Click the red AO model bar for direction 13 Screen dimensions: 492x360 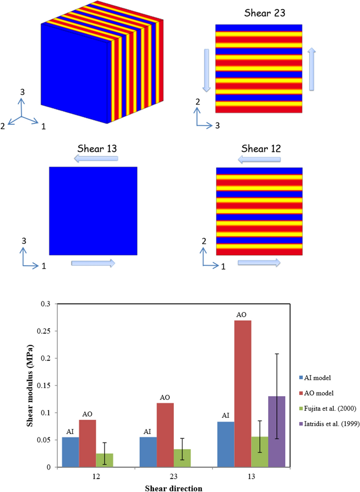coord(242,393)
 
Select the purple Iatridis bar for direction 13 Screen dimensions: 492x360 coord(277,431)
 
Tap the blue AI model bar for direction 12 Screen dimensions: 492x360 coord(70,452)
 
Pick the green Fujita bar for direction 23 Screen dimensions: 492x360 coord(182,458)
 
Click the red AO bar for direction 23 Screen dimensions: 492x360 coord(165,435)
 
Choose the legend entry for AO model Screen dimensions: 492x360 coord(318,393)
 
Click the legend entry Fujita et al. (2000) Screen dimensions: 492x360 coord(330,408)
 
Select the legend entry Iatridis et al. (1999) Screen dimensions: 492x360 coord(331,423)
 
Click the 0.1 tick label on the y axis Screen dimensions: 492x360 coord(45,413)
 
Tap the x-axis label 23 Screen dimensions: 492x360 coord(174,476)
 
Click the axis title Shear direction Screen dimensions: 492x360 coord(174,488)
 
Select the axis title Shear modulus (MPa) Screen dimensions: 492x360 coord(30,386)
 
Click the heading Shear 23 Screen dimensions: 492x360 coord(264,13)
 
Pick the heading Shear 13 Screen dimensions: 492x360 coord(97,149)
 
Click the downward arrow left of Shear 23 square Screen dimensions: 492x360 coord(207,70)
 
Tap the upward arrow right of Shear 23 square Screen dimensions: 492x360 coord(311,69)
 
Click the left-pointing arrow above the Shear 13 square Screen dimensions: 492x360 coord(96,159)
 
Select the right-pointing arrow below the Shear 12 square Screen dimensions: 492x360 coord(259,263)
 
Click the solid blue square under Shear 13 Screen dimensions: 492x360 coord(93,211)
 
